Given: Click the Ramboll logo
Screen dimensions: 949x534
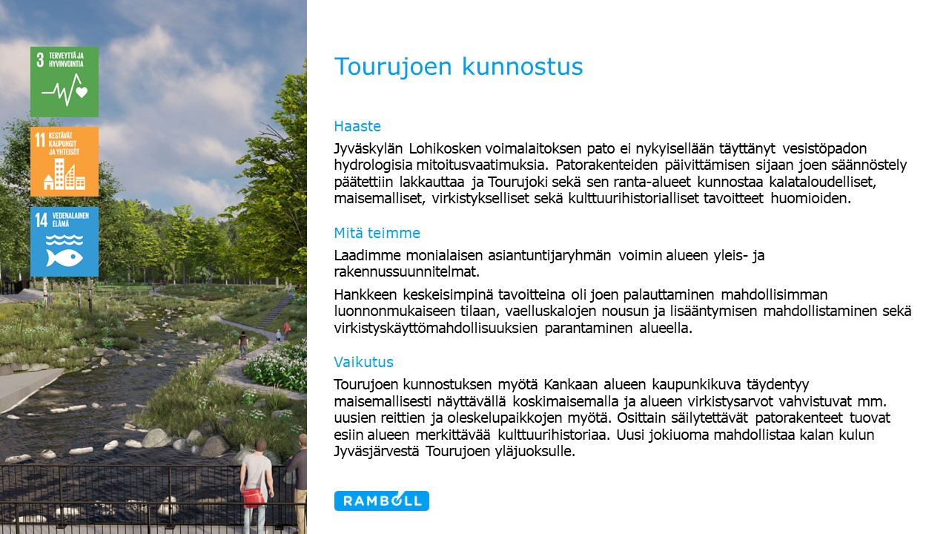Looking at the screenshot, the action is (x=381, y=501).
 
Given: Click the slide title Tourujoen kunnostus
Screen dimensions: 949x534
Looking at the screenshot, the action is (x=458, y=67).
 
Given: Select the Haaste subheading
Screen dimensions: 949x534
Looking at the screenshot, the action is (x=357, y=126).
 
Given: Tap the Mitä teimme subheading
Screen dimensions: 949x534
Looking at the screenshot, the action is (x=377, y=233).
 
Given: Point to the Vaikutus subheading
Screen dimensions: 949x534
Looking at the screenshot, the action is (x=363, y=362).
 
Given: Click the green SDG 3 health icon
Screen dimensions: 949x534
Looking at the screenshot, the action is (x=65, y=82).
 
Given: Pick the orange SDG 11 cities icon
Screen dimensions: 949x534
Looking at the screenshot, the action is (x=65, y=162).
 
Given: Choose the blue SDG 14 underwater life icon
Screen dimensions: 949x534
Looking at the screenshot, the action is (x=65, y=242).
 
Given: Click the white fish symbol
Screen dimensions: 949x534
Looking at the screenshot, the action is (x=64, y=257).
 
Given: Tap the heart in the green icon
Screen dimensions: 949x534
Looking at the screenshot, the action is (x=82, y=92).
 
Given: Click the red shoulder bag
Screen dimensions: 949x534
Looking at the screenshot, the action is (x=254, y=498).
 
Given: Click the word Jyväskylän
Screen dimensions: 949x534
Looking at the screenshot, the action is (x=368, y=149).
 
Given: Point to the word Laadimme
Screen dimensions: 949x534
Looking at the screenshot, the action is (x=366, y=256).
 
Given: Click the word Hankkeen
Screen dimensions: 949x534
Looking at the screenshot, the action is (x=366, y=294).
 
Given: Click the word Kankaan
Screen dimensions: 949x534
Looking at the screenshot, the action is (x=571, y=384).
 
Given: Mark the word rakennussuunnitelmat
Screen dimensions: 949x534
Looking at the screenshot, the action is (x=407, y=271).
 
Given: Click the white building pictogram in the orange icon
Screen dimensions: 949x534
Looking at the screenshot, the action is (x=65, y=174).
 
